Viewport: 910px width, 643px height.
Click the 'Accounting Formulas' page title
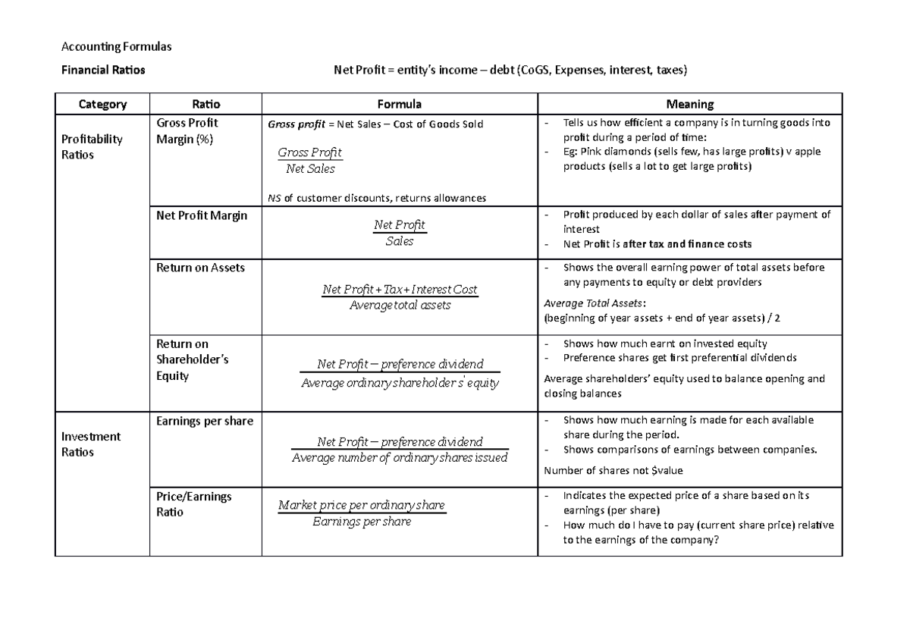coord(117,47)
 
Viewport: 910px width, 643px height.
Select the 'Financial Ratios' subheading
coord(103,71)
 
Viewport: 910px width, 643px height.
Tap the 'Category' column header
coord(102,104)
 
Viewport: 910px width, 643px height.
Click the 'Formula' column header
coord(400,104)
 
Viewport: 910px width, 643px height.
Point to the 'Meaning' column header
coord(689,104)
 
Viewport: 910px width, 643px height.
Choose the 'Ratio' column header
coord(206,104)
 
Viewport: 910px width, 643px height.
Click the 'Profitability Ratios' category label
coord(92,146)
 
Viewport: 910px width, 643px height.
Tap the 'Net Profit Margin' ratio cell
coord(201,215)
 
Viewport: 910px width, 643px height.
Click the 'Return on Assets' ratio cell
coord(200,267)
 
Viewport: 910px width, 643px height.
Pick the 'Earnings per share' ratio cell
coord(204,421)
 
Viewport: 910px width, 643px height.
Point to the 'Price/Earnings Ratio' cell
coord(193,504)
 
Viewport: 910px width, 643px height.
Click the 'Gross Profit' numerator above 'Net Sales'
coord(309,152)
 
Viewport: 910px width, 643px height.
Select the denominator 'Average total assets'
coord(400,305)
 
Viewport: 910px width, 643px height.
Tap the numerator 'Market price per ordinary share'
coord(362,505)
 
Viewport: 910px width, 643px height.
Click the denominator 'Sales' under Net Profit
coord(400,241)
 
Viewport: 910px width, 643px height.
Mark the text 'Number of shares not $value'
coord(613,470)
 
